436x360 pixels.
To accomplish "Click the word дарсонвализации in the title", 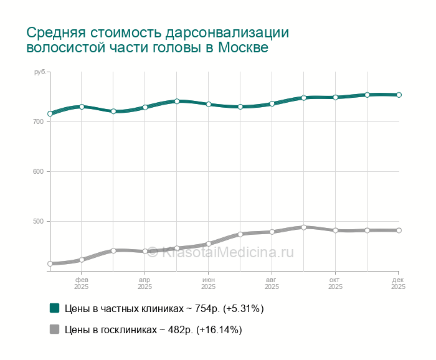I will [227, 32].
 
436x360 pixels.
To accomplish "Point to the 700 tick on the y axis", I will [39, 121].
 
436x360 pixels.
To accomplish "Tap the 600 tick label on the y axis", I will [39, 171].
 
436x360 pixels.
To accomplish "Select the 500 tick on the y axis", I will [39, 222].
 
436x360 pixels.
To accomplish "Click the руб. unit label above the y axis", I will [40, 73].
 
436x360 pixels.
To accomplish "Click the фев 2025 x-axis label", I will [81, 283].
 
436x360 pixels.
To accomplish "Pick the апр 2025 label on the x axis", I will [145, 283].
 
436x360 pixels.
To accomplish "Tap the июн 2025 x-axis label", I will [208, 283].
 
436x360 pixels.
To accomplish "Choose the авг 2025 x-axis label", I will [272, 283].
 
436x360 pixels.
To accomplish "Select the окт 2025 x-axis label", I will [335, 283].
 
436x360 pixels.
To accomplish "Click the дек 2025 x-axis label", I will [398, 283].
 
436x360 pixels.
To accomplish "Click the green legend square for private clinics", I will [54, 308].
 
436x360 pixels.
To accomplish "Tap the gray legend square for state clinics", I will [54, 329].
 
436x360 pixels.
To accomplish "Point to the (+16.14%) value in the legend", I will [219, 329].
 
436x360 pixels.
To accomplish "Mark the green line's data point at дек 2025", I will [399, 95].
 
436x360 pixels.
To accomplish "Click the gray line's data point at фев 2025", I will [82, 260].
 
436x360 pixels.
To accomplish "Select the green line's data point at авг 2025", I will [272, 103].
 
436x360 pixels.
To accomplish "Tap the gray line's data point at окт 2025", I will [335, 230].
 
